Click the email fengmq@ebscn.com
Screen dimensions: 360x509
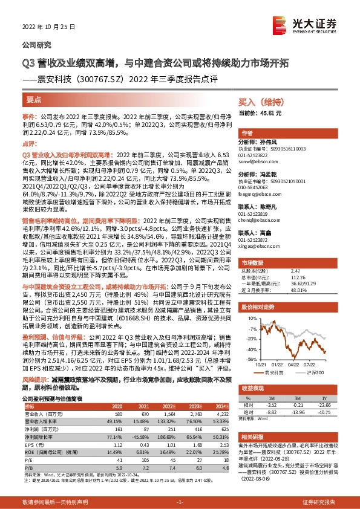257,195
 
